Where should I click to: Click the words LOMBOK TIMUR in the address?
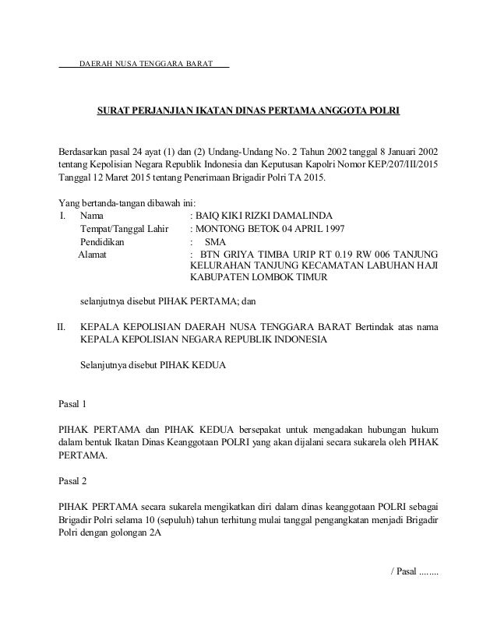(x=287, y=278)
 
